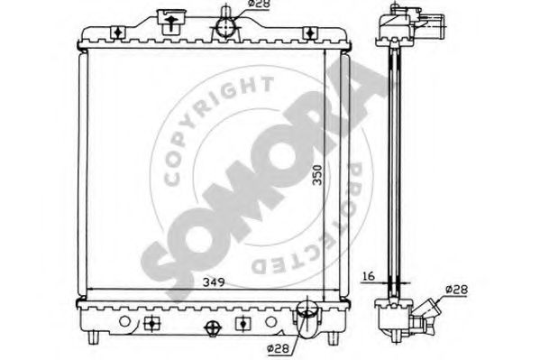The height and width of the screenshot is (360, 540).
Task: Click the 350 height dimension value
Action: [317, 175]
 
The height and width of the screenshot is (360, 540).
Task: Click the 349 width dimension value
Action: [214, 282]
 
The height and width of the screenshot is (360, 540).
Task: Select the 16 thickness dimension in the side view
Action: [369, 276]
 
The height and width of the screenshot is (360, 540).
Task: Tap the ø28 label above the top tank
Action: [260, 4]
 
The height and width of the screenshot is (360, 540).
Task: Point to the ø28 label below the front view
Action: [278, 348]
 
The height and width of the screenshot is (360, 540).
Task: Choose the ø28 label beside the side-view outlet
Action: [457, 289]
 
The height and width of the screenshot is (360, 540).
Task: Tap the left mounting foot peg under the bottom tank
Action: [94, 337]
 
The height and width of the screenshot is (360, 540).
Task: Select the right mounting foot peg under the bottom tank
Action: [333, 337]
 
